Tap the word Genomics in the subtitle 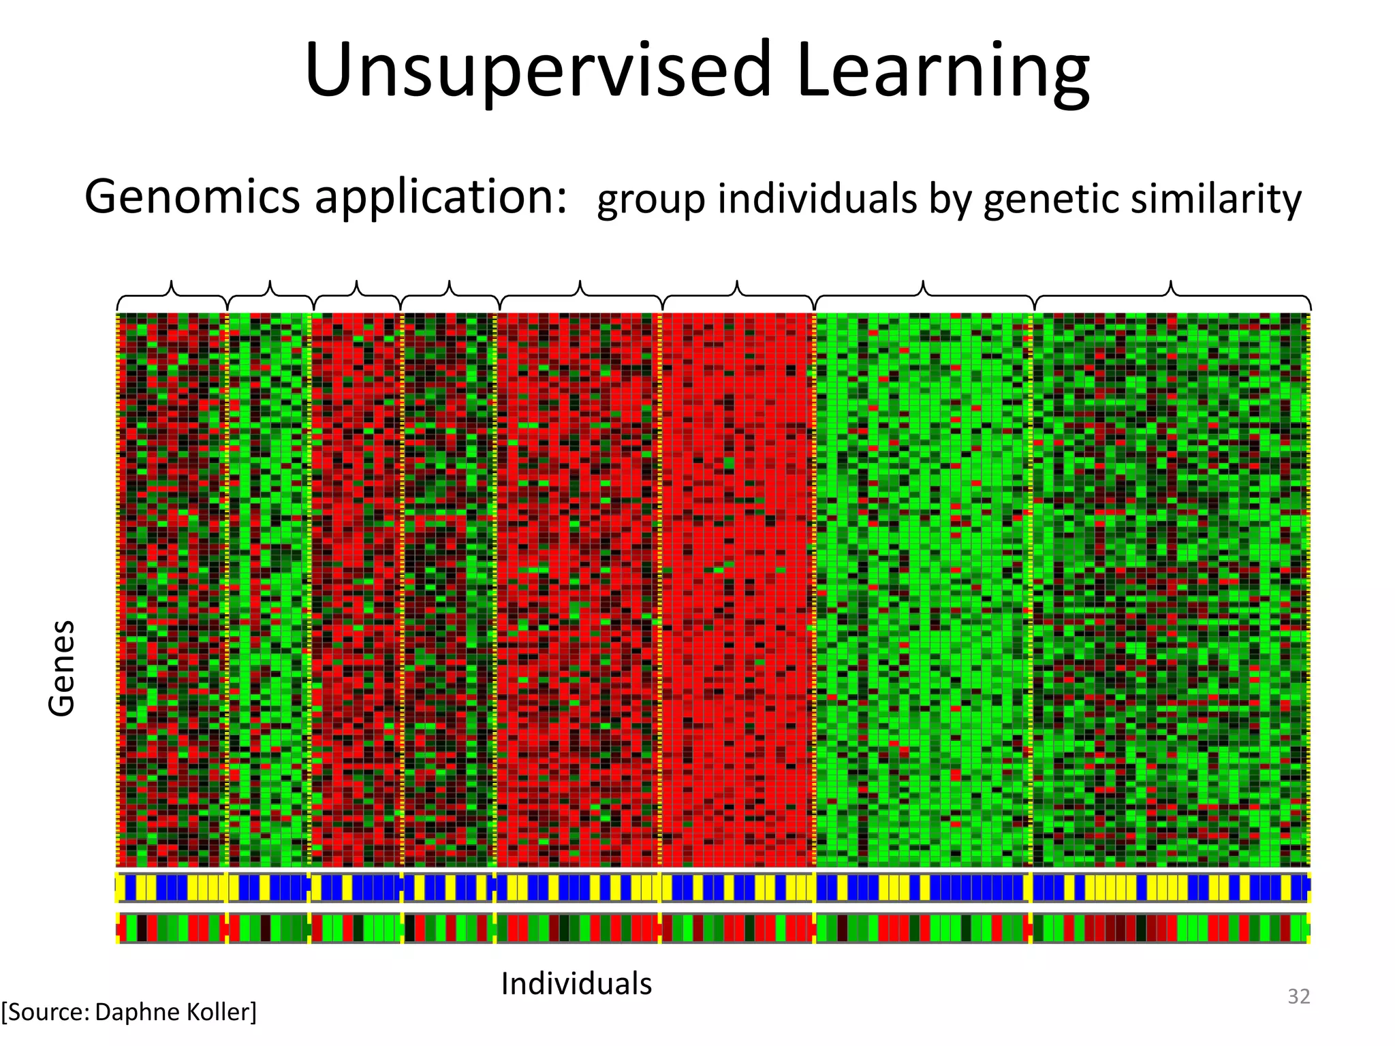192,197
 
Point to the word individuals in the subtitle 817,199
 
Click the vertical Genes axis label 61,668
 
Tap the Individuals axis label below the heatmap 576,984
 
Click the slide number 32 1298,996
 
